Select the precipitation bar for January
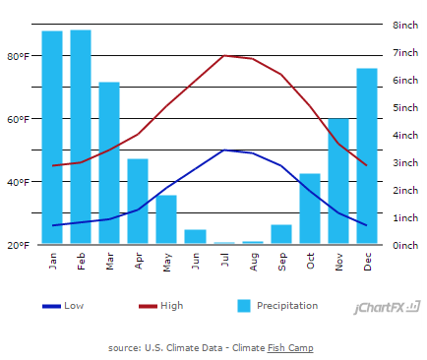pos(52,138)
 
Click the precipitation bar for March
pos(109,163)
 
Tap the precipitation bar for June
pos(195,237)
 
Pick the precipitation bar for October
pos(310,209)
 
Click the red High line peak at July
pos(224,56)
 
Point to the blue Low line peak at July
pos(224,150)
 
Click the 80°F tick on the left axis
pos(19,56)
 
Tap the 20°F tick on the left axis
pos(19,245)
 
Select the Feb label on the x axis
pos(81,260)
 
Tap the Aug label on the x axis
pos(253,260)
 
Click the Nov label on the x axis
pos(338,260)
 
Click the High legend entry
pos(159,306)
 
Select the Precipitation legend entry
pos(278,306)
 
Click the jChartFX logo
pos(388,308)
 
